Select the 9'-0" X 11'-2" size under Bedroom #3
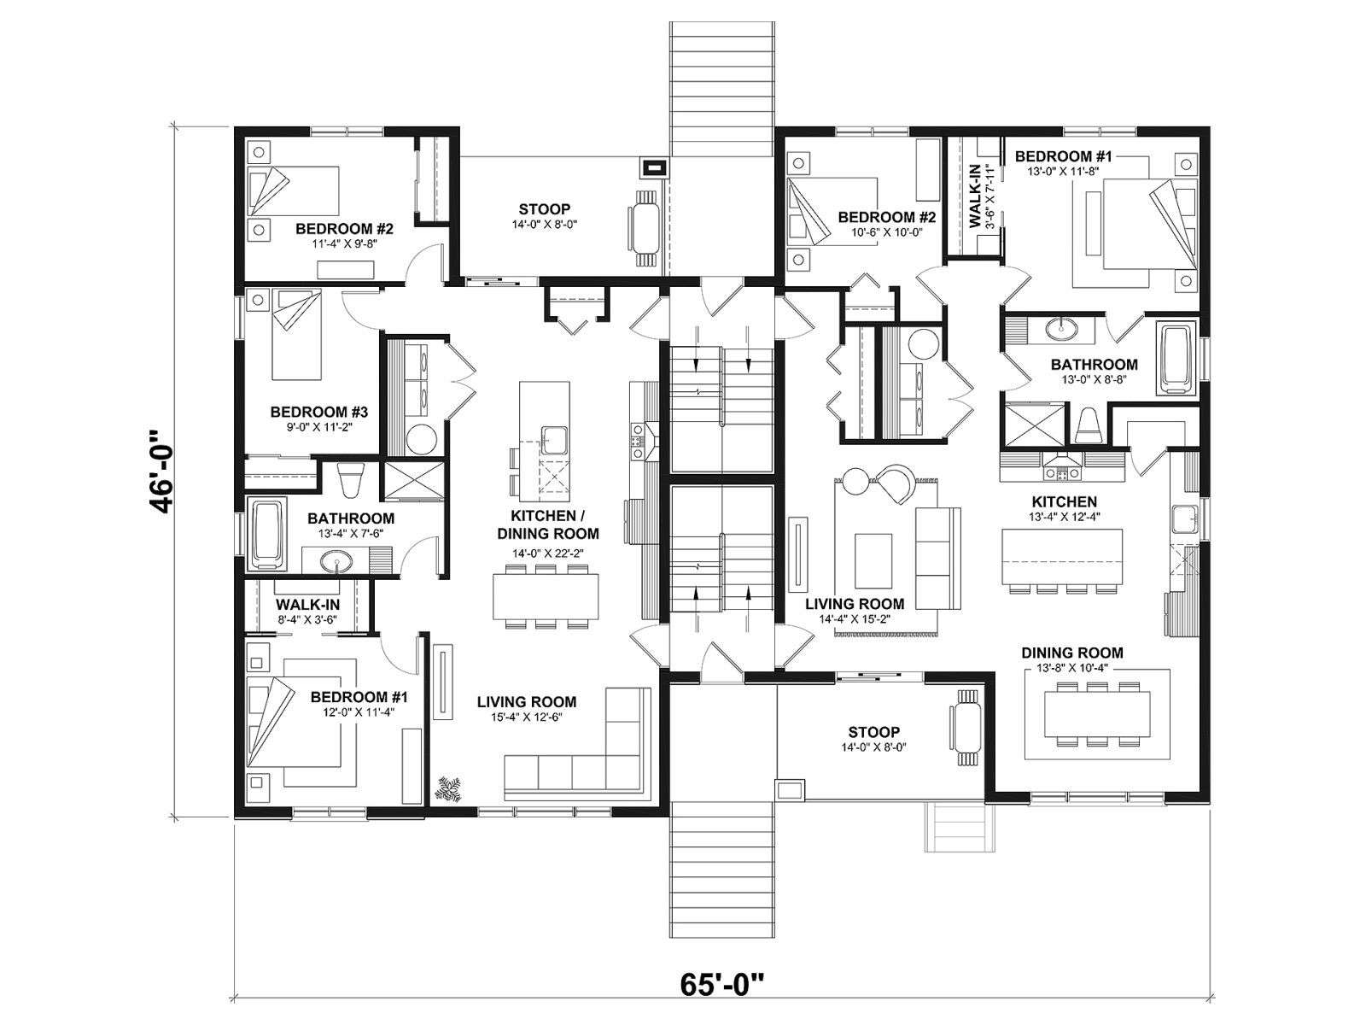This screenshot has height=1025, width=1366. click(x=318, y=428)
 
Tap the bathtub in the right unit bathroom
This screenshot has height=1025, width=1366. click(x=1176, y=357)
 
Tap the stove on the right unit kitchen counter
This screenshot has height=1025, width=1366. click(x=1063, y=473)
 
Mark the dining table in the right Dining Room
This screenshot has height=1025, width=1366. click(x=1097, y=713)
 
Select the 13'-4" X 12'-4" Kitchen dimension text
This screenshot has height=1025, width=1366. click(x=1065, y=516)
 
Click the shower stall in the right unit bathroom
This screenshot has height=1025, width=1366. click(x=1033, y=425)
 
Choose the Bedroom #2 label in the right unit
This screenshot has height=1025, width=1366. click(x=887, y=217)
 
